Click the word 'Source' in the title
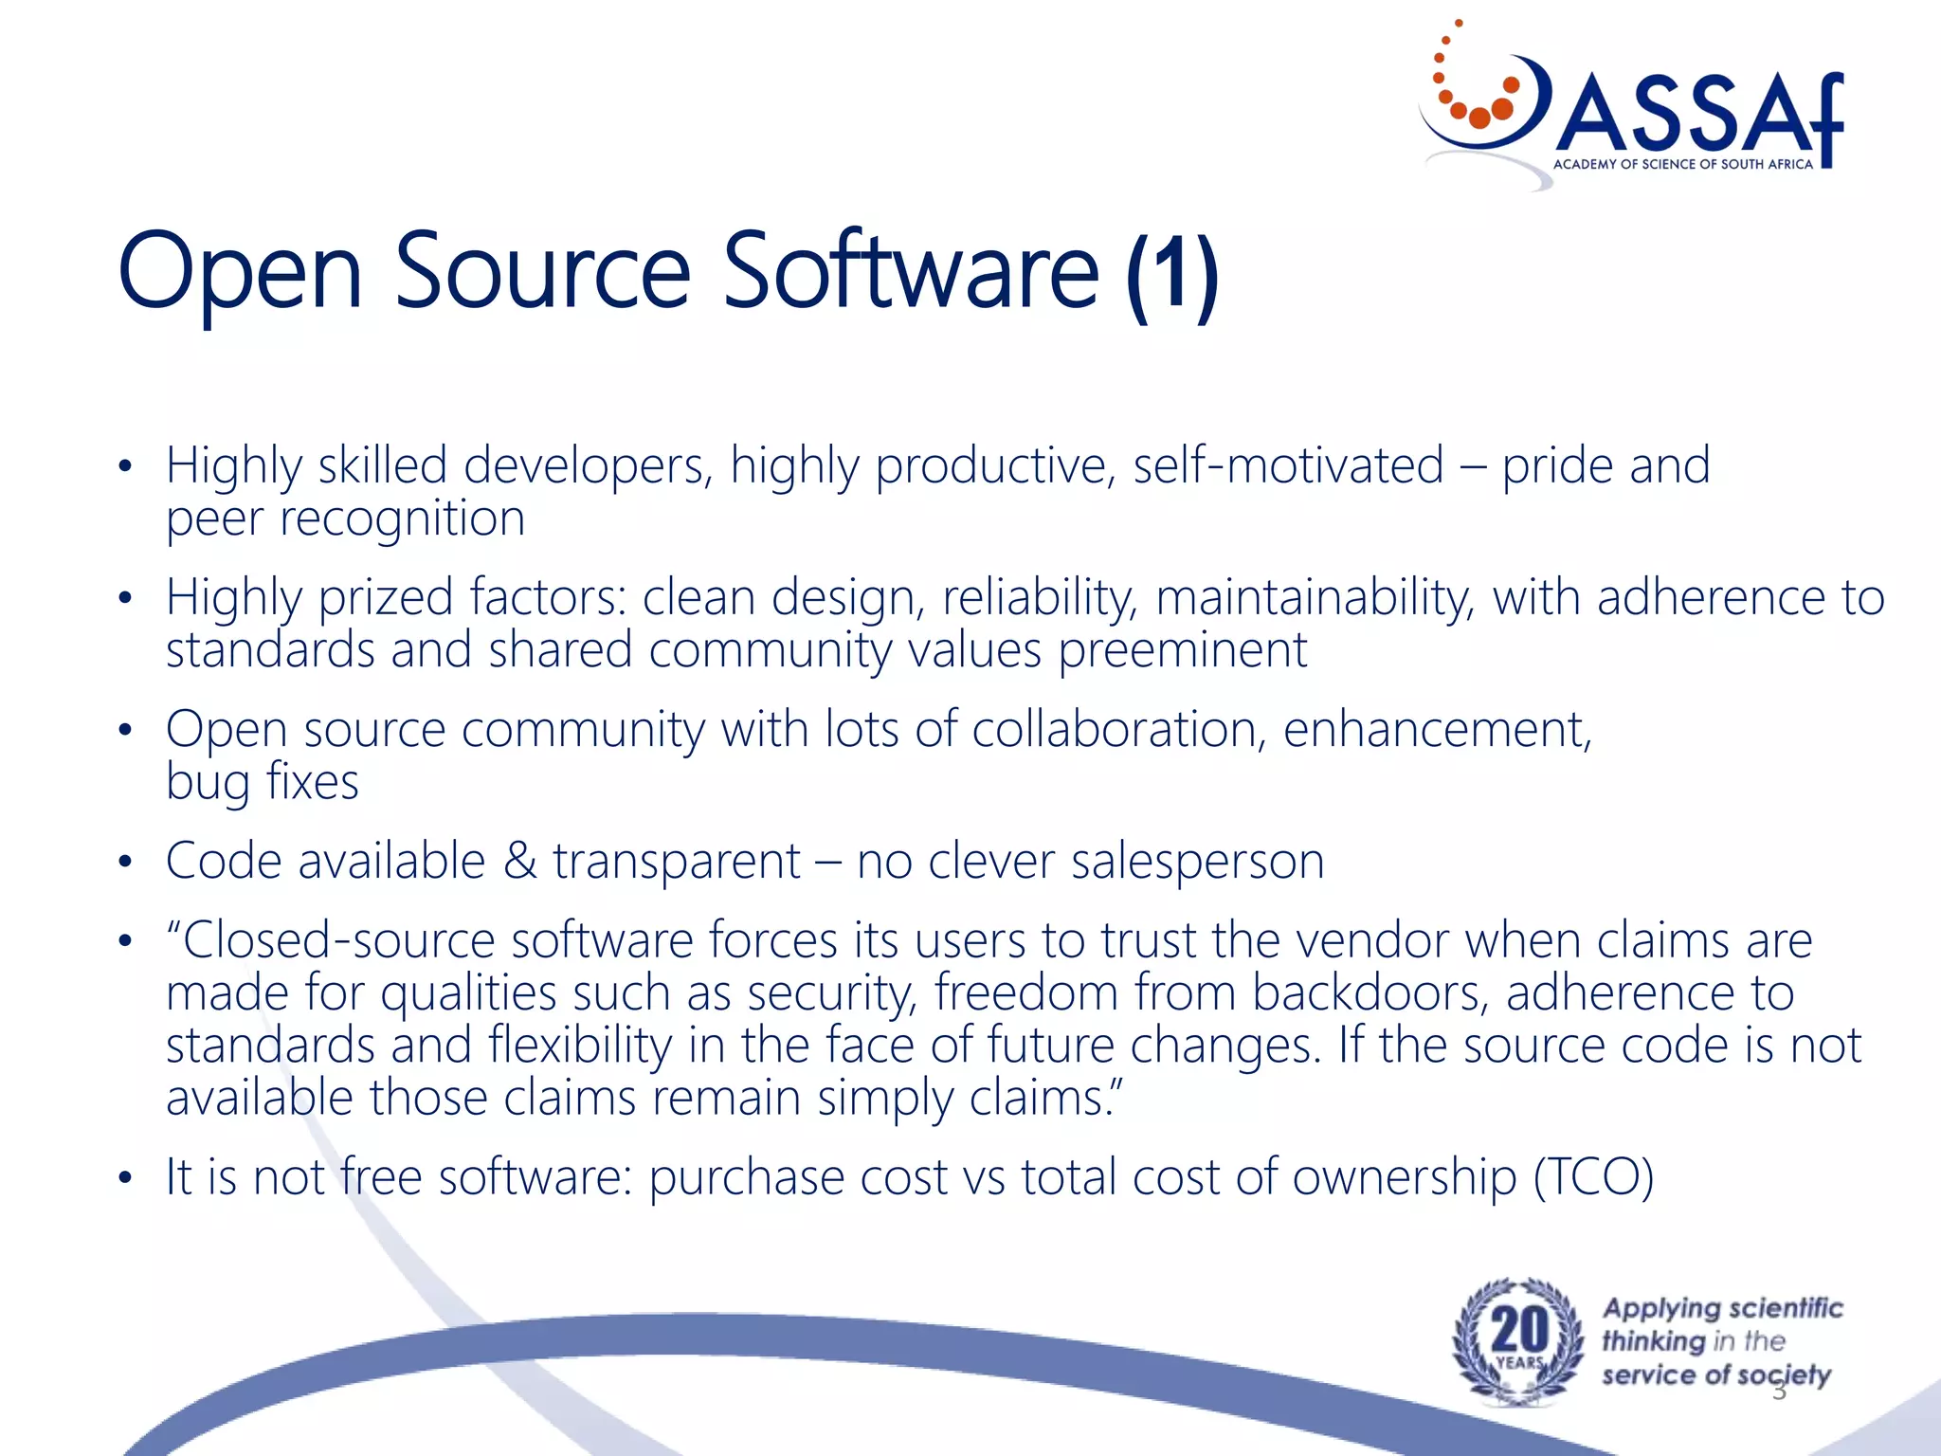coord(542,272)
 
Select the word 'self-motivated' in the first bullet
coord(1288,465)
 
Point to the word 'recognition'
coord(402,519)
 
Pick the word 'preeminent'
coord(1182,650)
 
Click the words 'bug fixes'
coord(263,783)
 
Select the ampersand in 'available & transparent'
coord(519,862)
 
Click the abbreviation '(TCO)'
coord(1593,1177)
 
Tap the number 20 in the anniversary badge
coord(1519,1330)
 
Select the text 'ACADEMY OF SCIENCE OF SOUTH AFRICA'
coord(1682,164)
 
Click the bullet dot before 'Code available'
coord(125,862)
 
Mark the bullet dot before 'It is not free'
coord(125,1178)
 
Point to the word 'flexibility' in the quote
coord(580,1046)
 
